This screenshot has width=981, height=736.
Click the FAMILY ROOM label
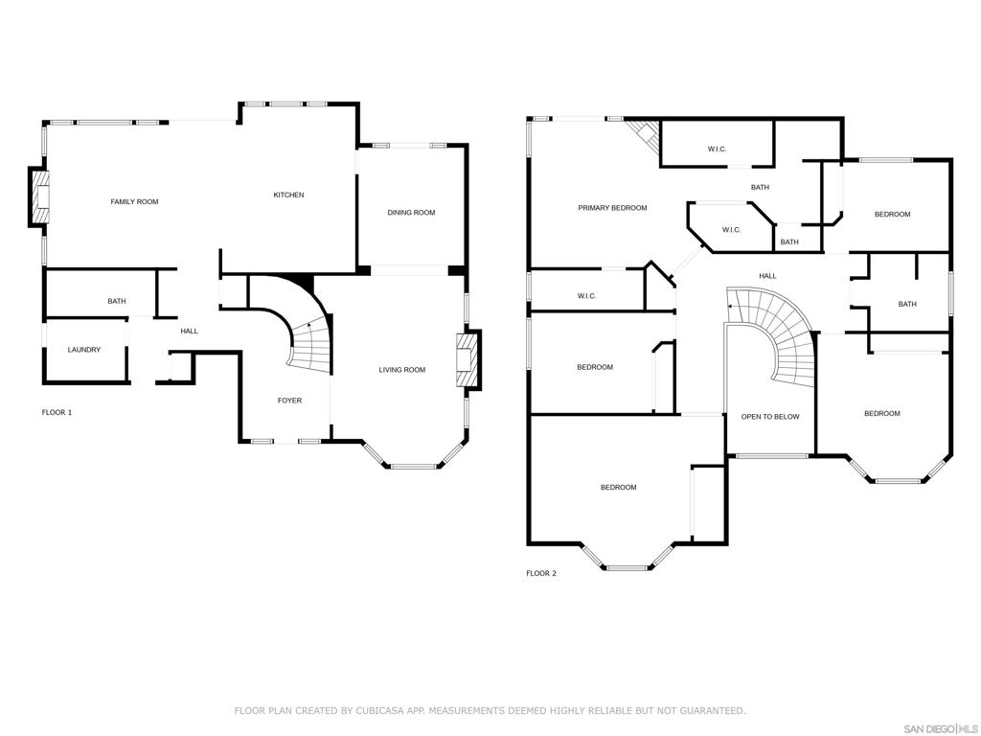pos(134,201)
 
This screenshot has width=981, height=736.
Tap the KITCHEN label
pos(289,195)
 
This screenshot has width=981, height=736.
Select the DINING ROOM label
pos(411,212)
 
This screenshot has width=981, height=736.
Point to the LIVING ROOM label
pos(402,370)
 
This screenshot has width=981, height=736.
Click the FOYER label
pos(289,401)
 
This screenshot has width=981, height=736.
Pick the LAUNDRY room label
pos(84,350)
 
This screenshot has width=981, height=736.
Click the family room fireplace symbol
pos(38,196)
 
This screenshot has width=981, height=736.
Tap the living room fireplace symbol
pos(468,360)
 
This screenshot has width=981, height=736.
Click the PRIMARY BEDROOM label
pos(612,208)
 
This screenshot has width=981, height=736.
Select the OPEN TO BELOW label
pos(770,417)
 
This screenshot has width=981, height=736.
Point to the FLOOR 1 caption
pos(57,412)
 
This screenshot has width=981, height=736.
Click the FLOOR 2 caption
pos(541,573)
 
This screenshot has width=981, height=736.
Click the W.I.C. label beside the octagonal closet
pos(731,230)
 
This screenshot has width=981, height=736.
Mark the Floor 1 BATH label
pos(117,301)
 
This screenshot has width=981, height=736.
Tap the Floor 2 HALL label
pos(767,276)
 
